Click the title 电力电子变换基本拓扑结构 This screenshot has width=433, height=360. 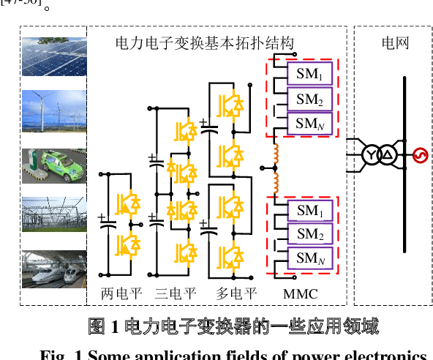[205, 43]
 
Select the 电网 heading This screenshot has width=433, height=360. [395, 43]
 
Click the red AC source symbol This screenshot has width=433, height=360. [420, 155]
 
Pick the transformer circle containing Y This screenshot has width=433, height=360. [372, 155]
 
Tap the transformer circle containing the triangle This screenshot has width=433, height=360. [388, 155]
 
